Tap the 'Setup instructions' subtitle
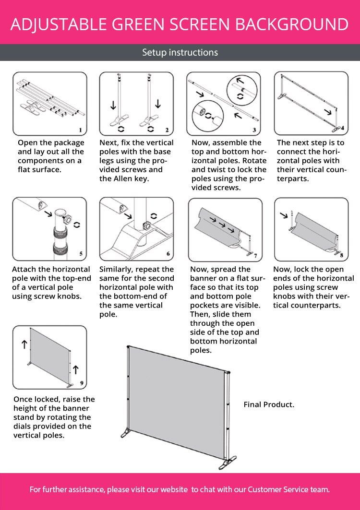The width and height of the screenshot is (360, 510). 180,52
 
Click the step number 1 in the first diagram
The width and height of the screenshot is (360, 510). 80,130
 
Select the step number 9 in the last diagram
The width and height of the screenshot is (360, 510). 81,383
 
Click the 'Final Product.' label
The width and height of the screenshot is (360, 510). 269,404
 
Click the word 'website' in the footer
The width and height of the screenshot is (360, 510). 174,489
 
